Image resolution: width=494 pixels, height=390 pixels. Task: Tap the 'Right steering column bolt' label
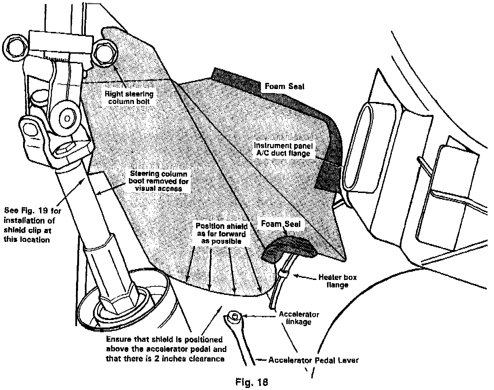click(129, 97)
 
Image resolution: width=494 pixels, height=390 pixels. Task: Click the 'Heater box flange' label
click(337, 281)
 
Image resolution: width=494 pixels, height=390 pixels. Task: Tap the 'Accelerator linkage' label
click(299, 318)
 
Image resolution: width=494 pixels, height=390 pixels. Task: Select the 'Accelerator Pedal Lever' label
click(313, 360)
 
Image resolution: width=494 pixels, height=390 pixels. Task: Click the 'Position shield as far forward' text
click(221, 233)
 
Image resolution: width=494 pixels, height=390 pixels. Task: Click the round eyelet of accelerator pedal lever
click(234, 316)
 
